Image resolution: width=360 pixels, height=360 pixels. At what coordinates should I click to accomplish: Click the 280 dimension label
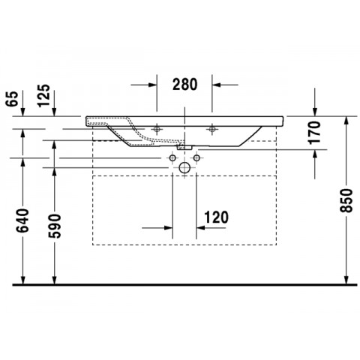point(185,84)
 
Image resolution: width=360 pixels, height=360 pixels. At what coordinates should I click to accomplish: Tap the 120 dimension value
point(217,217)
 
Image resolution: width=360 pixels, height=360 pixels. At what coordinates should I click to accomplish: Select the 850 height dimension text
point(346,200)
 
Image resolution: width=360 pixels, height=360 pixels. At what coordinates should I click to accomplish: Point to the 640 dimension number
point(22,220)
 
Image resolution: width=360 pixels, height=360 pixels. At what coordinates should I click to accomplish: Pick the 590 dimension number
point(55,226)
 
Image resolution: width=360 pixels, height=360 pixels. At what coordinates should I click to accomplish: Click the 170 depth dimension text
point(314,133)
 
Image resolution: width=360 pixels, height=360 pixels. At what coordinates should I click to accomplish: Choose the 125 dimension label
point(43,96)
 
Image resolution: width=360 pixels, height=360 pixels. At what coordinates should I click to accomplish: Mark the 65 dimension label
point(13,99)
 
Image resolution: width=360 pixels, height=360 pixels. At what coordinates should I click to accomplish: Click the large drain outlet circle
point(184,168)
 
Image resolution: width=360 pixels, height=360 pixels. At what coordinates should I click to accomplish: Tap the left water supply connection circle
point(172,158)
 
